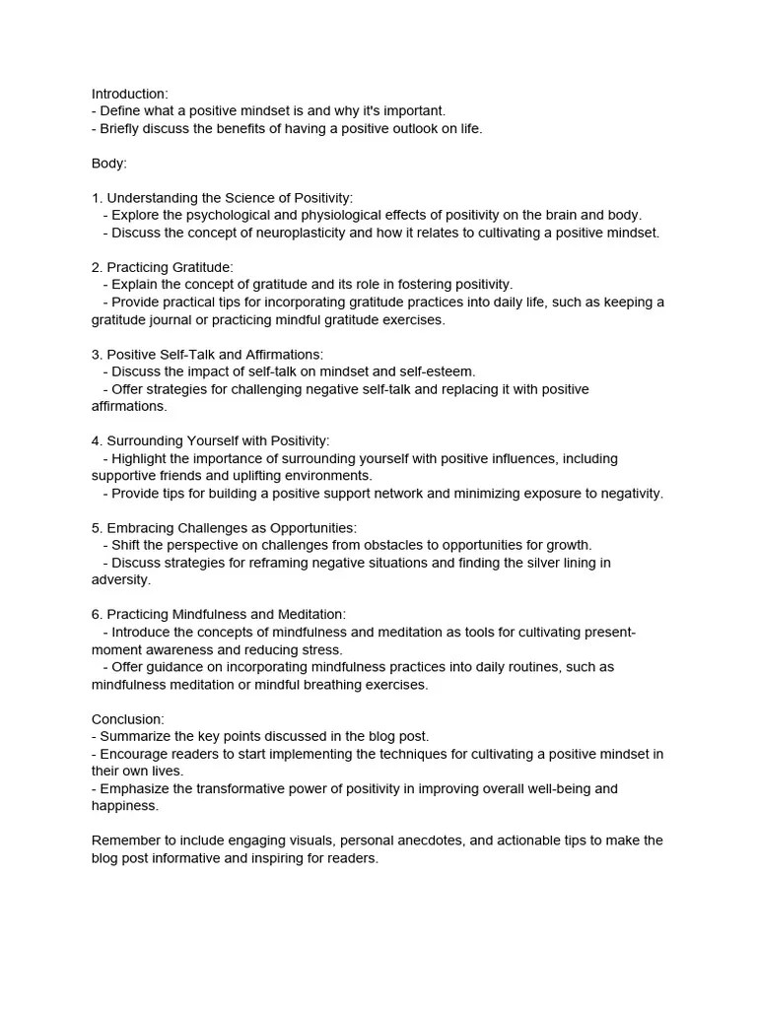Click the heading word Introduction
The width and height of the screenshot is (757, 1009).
(129, 94)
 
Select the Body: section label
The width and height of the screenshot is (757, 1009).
(109, 164)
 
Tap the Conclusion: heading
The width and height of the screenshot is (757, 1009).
(128, 719)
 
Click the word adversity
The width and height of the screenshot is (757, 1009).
(120, 580)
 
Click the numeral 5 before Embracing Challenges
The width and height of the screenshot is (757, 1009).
(96, 528)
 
